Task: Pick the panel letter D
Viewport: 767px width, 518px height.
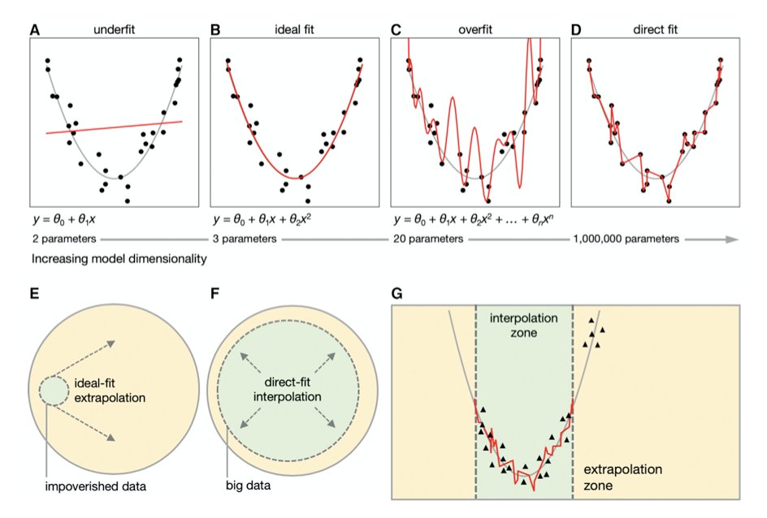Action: tap(576, 29)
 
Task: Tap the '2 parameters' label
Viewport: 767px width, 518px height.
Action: tap(63, 240)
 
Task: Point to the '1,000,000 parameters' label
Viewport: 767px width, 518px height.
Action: tap(626, 240)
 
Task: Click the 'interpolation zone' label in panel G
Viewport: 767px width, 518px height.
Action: tap(524, 324)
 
